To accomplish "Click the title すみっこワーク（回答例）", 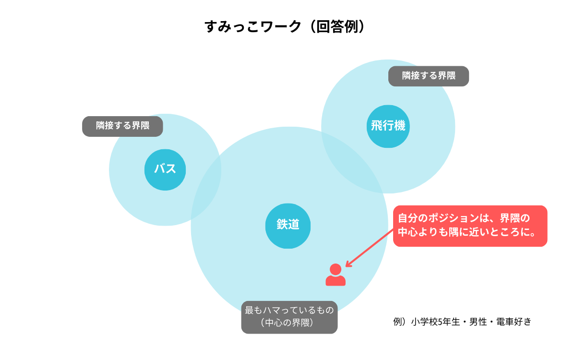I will tap(288, 26).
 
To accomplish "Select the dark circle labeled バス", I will tap(165, 169).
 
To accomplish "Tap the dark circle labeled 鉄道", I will tap(288, 225).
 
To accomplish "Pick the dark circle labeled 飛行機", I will tap(388, 126).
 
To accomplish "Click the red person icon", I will tap(336, 276).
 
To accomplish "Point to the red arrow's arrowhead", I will tap(348, 264).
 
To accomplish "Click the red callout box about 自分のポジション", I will tap(470, 226).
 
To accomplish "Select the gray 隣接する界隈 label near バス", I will tap(122, 126).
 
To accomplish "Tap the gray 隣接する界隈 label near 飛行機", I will tap(428, 76).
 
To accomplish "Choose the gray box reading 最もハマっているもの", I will tap(289, 310).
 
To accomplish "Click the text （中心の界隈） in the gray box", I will tap(289, 323).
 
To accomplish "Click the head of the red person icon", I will tap(336, 269).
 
